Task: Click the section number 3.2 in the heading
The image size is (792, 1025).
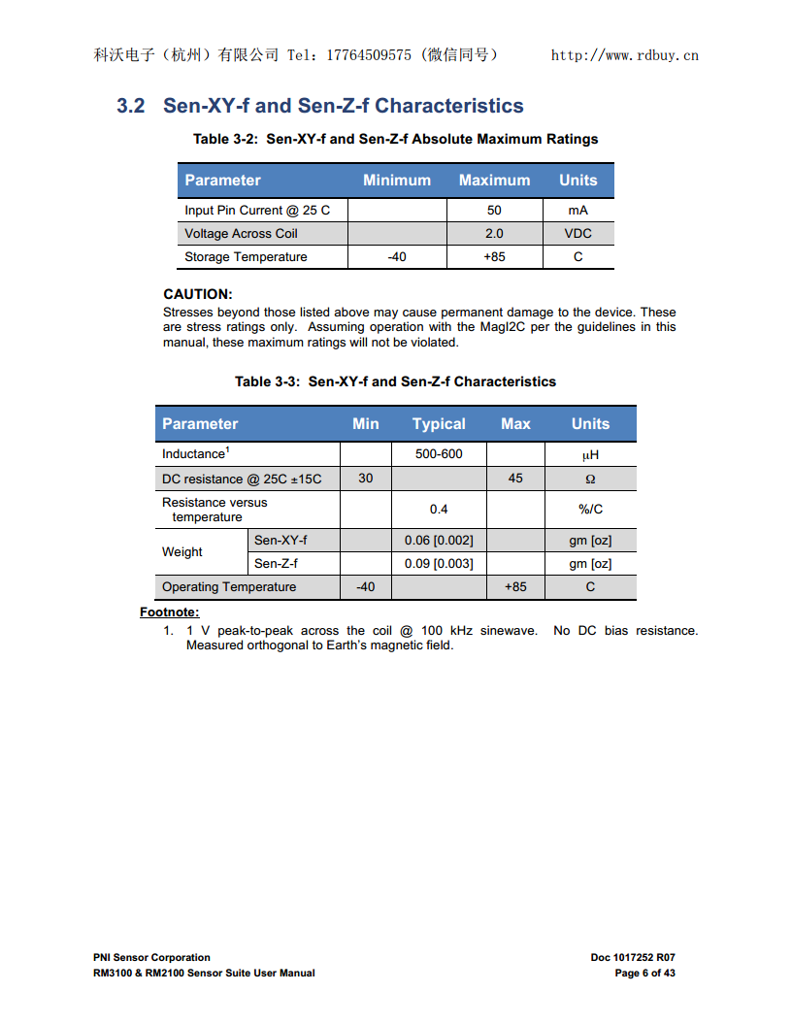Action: [x=131, y=106]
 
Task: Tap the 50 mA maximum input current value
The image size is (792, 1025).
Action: [x=494, y=210]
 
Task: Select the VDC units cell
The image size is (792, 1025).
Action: [x=577, y=233]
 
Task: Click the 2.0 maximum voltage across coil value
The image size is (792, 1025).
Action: [x=494, y=233]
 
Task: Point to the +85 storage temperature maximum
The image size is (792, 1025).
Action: [x=494, y=257]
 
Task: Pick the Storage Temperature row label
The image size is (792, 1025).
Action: [x=246, y=257]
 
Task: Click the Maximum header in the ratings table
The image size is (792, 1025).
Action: [x=494, y=180]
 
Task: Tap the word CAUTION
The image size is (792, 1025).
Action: [x=198, y=294]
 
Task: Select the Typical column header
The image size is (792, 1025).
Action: [x=439, y=423]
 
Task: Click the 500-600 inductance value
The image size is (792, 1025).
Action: [x=439, y=454]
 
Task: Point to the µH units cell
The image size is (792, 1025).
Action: [x=590, y=454]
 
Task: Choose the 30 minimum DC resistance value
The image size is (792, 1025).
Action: [x=365, y=479]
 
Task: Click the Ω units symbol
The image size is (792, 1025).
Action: [x=590, y=479]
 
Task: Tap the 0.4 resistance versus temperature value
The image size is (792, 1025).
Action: [x=439, y=510]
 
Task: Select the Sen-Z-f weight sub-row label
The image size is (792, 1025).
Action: [x=276, y=564]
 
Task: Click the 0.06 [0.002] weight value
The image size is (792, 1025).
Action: [x=439, y=541]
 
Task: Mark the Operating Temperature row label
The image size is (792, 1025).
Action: [x=229, y=587]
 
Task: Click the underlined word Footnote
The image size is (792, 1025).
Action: [x=169, y=612]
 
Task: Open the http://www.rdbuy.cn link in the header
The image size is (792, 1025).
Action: [x=624, y=55]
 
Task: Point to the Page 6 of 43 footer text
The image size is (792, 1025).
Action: [x=644, y=973]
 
